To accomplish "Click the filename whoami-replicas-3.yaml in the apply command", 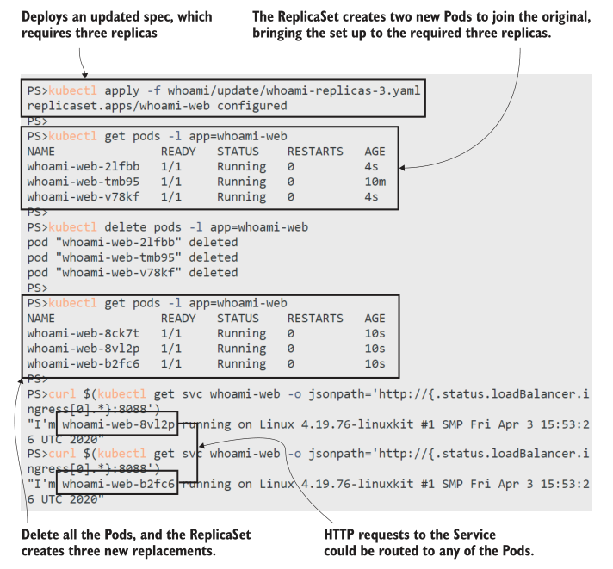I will (328, 90).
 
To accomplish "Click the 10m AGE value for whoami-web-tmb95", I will (375, 182).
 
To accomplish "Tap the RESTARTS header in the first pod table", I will (315, 152).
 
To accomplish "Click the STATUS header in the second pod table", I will (238, 319).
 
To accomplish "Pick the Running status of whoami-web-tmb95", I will (241, 182).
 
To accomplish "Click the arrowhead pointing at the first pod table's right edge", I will (404, 167).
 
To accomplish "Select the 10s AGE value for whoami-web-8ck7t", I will (375, 333).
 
